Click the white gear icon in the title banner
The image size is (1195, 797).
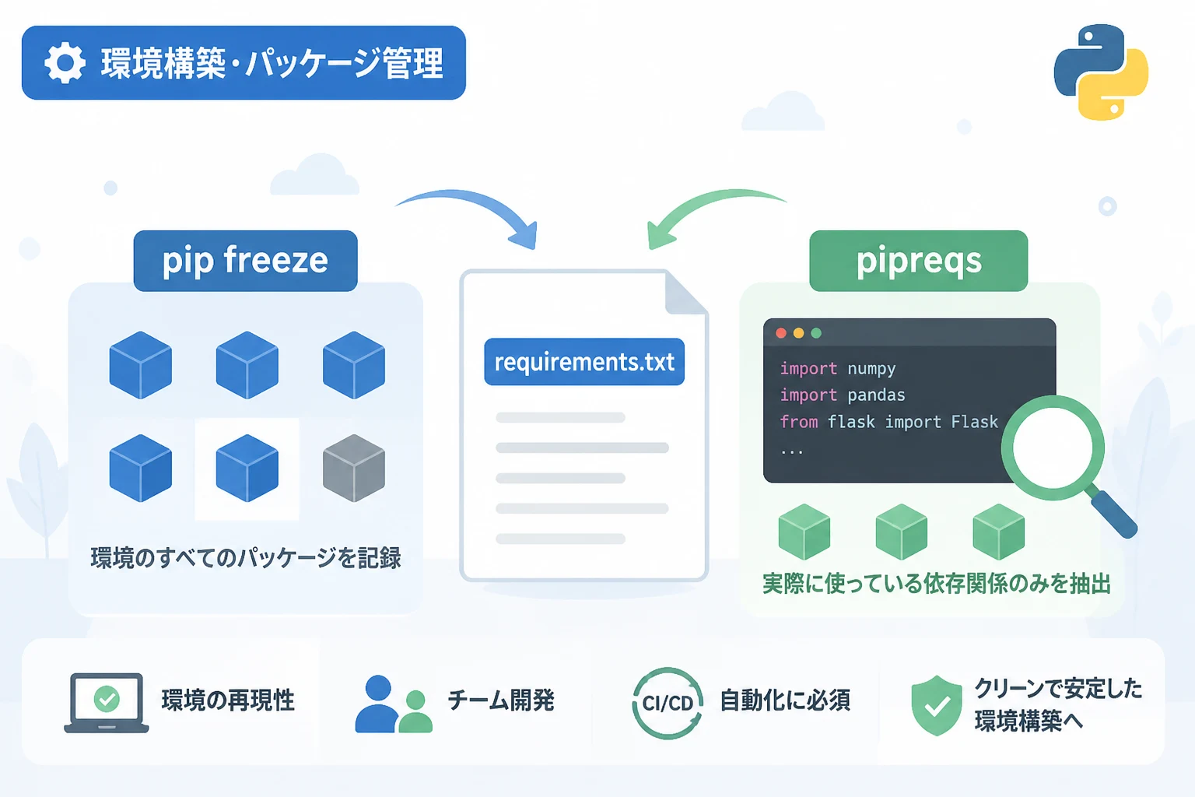(65, 62)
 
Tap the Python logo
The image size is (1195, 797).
(1101, 72)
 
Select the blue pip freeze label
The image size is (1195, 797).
(245, 261)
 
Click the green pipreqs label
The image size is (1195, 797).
(919, 261)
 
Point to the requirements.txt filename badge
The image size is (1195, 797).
(584, 361)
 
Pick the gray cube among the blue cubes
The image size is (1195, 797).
(354, 469)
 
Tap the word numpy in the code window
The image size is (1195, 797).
(871, 368)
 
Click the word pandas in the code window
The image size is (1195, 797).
(876, 395)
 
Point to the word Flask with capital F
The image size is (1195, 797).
(975, 422)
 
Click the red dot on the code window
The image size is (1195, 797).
(781, 333)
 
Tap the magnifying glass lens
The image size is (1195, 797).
(1053, 448)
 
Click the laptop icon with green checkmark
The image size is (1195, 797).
(106, 703)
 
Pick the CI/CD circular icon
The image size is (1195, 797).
(668, 703)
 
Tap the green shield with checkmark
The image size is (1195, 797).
(936, 705)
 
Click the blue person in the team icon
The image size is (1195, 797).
(377, 704)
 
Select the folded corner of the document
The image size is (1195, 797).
(685, 293)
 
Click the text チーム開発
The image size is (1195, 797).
(501, 700)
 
